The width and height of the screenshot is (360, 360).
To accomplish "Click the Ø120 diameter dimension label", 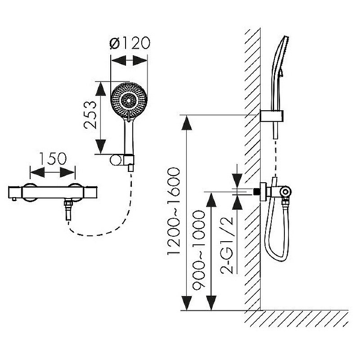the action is point(130,43).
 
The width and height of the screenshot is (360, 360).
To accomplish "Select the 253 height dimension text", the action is point(90,115).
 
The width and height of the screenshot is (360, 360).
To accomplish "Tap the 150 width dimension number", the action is point(53,158).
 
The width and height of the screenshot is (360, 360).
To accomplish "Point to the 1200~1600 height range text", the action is point(174,211).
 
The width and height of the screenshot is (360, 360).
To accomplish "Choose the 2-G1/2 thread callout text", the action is point(227,245).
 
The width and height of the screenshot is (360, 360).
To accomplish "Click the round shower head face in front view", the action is point(129,100).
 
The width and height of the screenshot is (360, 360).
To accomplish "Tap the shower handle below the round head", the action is point(129,137).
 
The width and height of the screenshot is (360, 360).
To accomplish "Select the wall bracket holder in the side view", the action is point(272,116).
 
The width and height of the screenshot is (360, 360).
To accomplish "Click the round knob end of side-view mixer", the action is point(286,191).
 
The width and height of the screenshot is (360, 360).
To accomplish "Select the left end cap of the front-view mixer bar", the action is point(15,192).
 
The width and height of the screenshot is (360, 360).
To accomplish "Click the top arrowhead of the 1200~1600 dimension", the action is point(186,123).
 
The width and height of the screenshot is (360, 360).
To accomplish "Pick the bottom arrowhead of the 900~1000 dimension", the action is point(211,303).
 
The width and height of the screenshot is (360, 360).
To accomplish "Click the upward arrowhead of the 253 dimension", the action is point(100,89).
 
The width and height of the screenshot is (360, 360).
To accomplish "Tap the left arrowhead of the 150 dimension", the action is point(37,172).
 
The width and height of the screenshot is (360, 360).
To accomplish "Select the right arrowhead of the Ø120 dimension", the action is point(139,60).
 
